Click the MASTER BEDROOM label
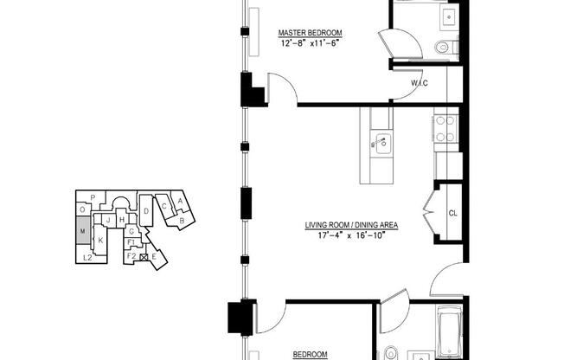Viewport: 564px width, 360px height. pyautogui.click(x=310, y=33)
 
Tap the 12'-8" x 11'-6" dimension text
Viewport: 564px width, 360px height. pyautogui.click(x=310, y=43)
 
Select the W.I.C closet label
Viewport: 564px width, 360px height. pyautogui.click(x=420, y=83)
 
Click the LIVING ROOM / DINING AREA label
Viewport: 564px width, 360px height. pyautogui.click(x=351, y=225)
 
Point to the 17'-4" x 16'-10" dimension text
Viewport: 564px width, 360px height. pyautogui.click(x=351, y=235)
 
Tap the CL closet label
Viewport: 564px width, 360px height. pyautogui.click(x=453, y=213)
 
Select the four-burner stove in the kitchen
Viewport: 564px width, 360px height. pyautogui.click(x=445, y=129)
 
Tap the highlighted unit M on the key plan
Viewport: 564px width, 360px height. pyautogui.click(x=83, y=230)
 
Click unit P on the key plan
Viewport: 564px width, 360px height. pyautogui.click(x=93, y=197)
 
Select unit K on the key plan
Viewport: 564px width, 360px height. pyautogui.click(x=100, y=241)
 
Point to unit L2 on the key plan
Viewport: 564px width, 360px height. pyautogui.click(x=87, y=258)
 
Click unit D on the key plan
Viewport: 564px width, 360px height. pyautogui.click(x=146, y=211)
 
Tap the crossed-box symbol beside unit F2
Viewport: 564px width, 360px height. pyautogui.click(x=144, y=257)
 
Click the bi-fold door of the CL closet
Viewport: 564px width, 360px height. pyautogui.click(x=429, y=212)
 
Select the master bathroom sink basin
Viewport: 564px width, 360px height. pyautogui.click(x=449, y=17)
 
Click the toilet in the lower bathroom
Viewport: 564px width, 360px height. pyautogui.click(x=390, y=354)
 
